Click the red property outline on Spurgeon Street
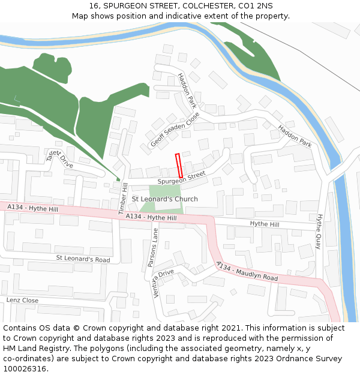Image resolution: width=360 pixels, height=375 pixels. pyautogui.click(x=178, y=165)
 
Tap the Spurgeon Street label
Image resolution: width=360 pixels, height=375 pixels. pyautogui.click(x=181, y=177)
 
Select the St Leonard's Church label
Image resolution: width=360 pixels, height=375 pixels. pyautogui.click(x=164, y=199)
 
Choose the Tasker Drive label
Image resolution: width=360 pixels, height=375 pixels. pyautogui.click(x=59, y=159)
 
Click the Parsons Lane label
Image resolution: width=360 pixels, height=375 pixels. pyautogui.click(x=152, y=247)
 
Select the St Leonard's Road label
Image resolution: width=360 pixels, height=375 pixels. pyautogui.click(x=83, y=259)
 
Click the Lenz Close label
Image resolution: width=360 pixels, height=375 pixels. pyautogui.click(x=22, y=300)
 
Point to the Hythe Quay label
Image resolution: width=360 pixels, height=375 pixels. pyautogui.click(x=319, y=232)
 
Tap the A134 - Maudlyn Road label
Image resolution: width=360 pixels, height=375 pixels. pyautogui.click(x=247, y=272)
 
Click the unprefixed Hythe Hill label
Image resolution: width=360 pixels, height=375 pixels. pyautogui.click(x=265, y=224)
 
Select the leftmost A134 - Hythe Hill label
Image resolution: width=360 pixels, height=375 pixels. pyautogui.click(x=33, y=208)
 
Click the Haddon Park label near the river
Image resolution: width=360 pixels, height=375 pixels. pyautogui.click(x=295, y=136)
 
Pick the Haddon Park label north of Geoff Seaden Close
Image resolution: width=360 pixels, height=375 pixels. pyautogui.click(x=187, y=91)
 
